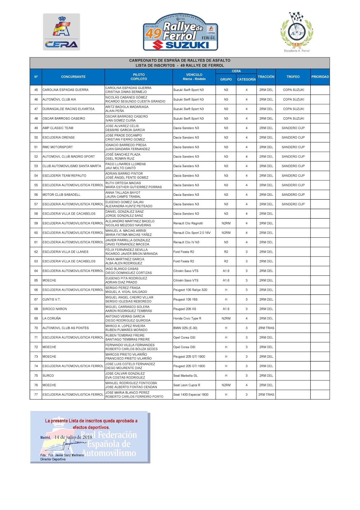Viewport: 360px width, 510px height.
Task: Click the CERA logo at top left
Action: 61,32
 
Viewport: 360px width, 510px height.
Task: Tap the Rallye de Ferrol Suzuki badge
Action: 181,32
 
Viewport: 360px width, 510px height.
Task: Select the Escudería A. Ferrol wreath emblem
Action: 297,32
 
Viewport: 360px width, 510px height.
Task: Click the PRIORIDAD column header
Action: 320,77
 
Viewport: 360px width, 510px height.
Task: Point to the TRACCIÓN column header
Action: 266,77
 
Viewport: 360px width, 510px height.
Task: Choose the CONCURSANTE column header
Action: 73,77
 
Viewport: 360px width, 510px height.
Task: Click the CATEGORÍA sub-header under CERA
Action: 246,79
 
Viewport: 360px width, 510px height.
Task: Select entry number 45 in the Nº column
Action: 36,90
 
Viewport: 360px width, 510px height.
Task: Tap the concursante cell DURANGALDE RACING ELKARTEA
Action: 68,109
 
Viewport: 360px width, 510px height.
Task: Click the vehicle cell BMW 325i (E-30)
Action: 185,328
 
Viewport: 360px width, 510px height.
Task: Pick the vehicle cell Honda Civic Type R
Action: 187,318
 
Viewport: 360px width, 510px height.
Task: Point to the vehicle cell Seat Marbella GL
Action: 185,375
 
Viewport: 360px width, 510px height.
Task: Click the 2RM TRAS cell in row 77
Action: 266,395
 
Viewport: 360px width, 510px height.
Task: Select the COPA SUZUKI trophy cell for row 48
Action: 293,119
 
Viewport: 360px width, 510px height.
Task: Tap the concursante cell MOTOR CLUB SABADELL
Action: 61,195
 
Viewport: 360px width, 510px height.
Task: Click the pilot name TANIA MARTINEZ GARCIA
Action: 125,259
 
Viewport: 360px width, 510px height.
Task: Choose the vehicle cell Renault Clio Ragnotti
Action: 188,223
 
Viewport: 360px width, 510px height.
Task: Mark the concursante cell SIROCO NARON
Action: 55,309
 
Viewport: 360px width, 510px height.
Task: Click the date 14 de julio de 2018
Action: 73,437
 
